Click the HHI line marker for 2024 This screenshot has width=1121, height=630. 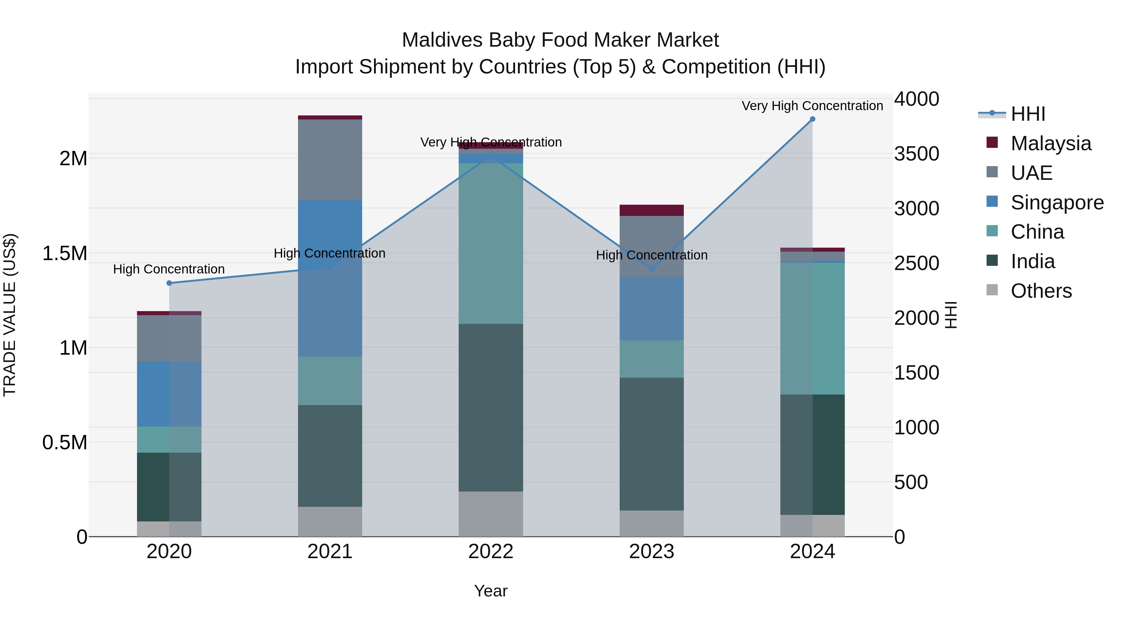812,119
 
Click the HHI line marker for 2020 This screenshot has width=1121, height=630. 169,283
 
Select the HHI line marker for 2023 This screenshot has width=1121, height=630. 651,269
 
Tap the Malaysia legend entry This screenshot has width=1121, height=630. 1051,143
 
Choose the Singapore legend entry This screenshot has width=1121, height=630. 1057,202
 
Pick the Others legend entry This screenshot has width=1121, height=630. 1041,291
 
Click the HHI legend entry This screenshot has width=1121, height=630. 1028,114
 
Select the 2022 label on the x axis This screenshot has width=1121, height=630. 490,552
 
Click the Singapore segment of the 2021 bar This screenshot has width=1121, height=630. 330,278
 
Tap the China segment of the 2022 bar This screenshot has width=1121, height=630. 490,244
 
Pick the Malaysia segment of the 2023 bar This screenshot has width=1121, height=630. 651,210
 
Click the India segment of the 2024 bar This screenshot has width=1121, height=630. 812,454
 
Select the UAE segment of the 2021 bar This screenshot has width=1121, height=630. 330,160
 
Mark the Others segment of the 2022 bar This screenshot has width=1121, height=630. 490,514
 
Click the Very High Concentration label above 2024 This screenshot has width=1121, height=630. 812,106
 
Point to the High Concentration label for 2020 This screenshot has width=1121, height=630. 169,269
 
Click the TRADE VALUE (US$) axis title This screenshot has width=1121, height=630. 10,315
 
